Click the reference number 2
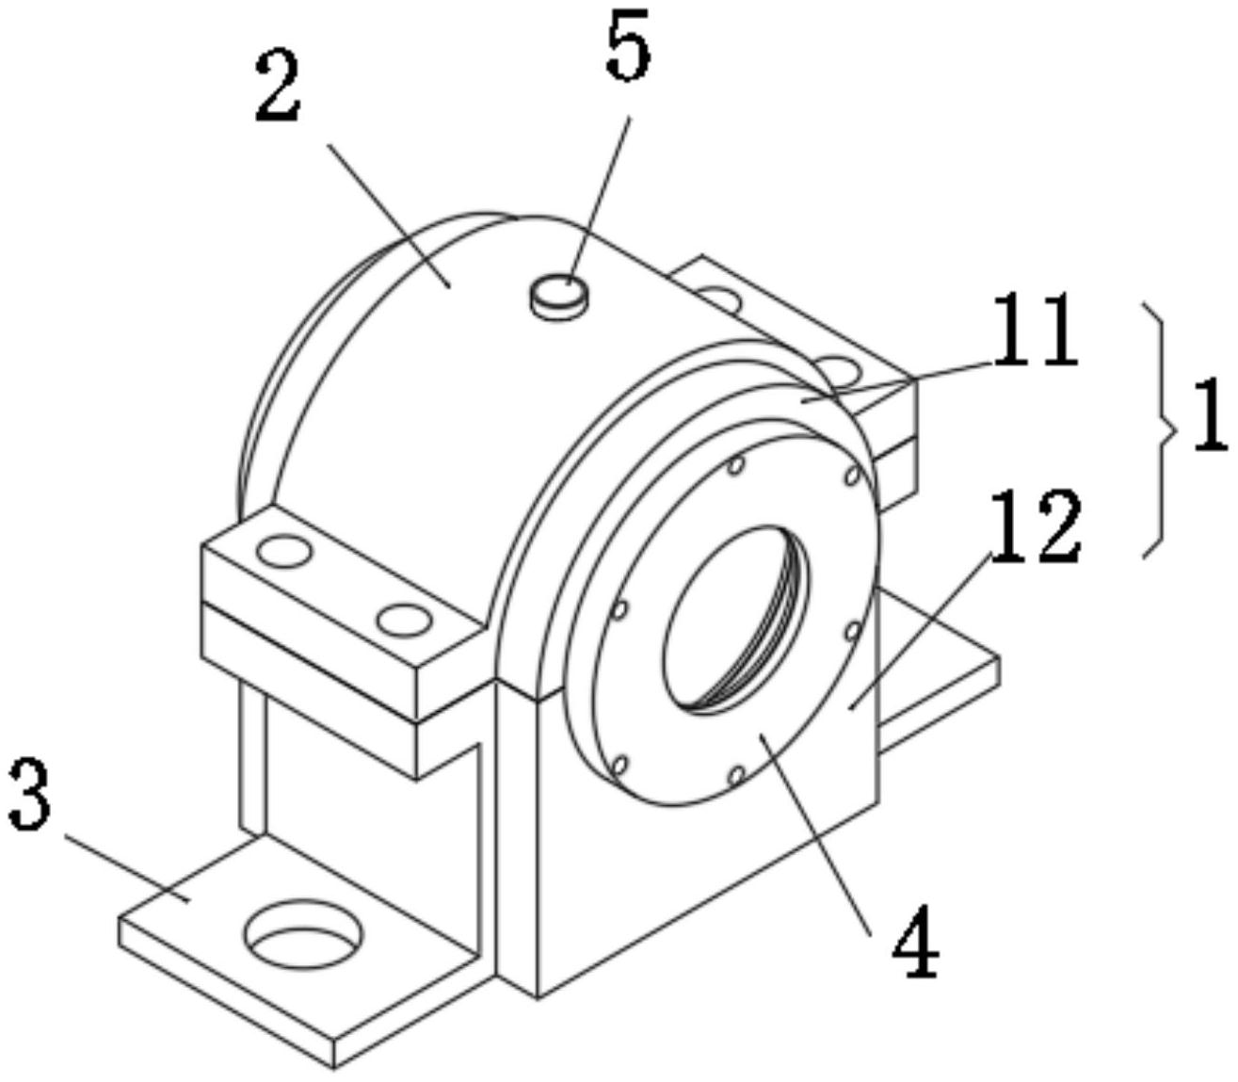[279, 88]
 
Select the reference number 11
[1034, 331]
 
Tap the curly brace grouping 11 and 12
[1159, 430]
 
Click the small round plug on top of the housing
[558, 298]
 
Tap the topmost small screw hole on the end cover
[736, 466]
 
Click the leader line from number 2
[388, 216]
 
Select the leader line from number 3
[127, 869]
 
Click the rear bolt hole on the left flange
[284, 551]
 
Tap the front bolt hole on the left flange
[404, 619]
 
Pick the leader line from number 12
[921, 631]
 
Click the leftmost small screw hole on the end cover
[620, 609]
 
